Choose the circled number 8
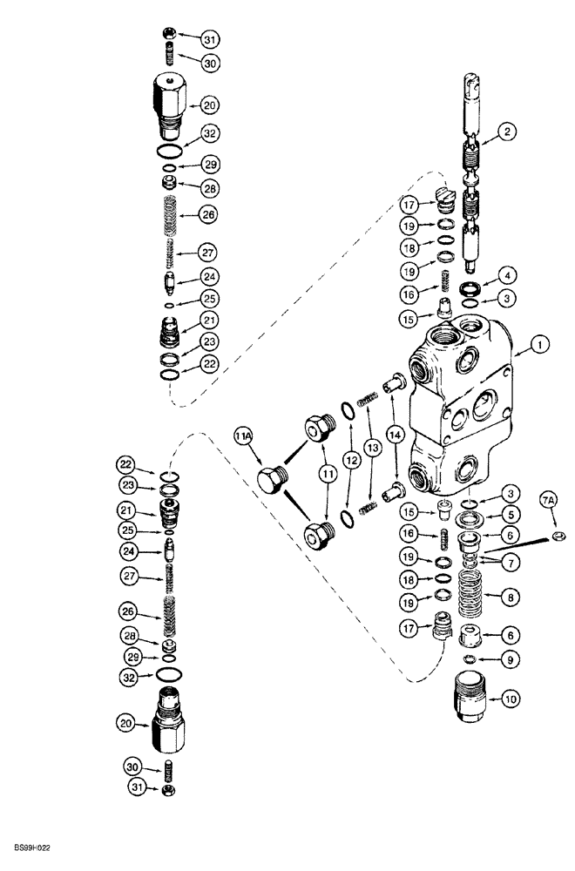pyautogui.click(x=503, y=598)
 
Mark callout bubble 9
pyautogui.click(x=503, y=658)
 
